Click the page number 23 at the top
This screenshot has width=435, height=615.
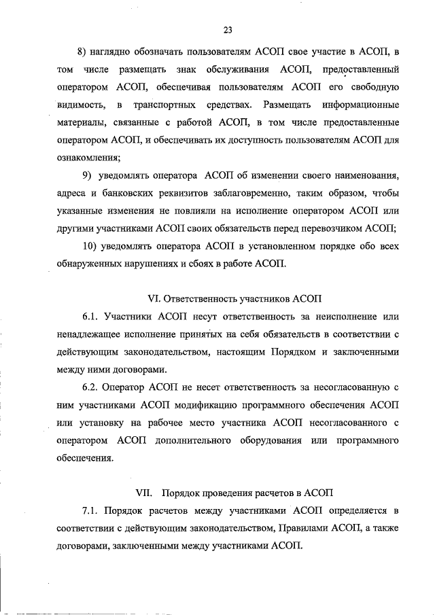(x=228, y=29)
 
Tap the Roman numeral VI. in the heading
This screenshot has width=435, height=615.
(x=154, y=298)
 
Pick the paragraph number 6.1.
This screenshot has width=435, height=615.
(x=92, y=317)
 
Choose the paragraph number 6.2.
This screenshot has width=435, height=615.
(x=92, y=387)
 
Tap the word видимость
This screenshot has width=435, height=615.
(x=80, y=105)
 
